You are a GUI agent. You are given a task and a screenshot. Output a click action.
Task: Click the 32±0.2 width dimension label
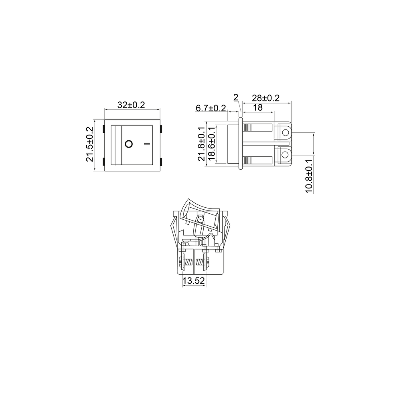131,105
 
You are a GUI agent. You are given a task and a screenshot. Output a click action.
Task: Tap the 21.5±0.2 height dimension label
90,144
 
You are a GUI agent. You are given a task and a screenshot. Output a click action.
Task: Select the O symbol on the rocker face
129,144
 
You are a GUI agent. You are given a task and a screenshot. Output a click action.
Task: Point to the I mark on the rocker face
146,144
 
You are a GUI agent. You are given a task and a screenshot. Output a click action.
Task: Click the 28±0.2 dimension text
266,98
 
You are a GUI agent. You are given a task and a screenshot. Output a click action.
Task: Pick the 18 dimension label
258,107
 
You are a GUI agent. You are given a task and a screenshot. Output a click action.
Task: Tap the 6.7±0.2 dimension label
211,108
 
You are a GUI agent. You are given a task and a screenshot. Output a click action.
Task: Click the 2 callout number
236,97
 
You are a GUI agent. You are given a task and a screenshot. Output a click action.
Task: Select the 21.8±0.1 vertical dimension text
202,144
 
